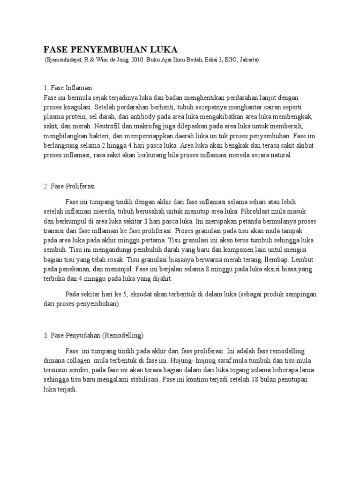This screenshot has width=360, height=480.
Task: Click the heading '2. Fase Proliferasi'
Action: coord(69,186)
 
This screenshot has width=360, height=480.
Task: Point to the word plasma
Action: coord(53,117)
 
